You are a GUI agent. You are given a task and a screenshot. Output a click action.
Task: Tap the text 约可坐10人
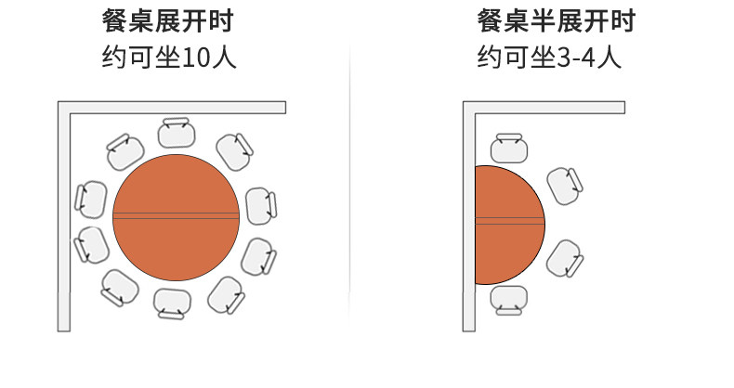[x=168, y=58]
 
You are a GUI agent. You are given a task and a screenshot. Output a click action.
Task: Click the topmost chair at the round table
[x=177, y=133]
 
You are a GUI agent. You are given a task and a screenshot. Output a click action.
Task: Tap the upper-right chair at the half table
[x=564, y=185]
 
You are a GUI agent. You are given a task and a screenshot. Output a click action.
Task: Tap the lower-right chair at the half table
[x=564, y=258]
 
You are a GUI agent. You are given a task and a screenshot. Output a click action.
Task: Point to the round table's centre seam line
[x=177, y=216]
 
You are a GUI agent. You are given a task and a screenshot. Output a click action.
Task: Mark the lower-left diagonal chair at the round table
[x=119, y=287]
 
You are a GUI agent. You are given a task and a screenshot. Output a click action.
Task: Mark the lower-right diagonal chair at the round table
[x=226, y=293]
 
